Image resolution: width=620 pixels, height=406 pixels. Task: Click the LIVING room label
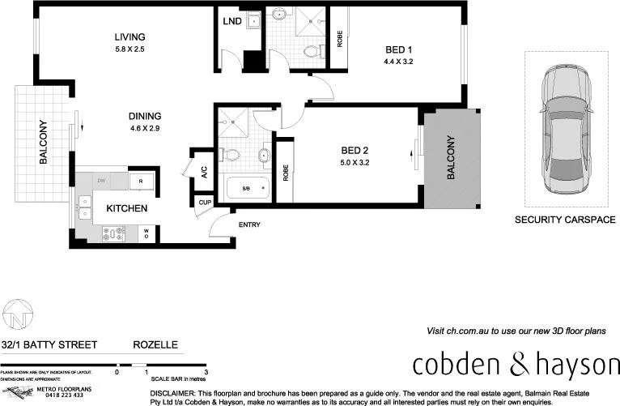(130, 37)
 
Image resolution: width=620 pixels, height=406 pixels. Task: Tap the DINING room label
(145, 116)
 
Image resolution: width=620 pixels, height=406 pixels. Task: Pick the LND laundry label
(233, 20)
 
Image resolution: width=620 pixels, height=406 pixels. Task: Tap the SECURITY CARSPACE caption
(565, 220)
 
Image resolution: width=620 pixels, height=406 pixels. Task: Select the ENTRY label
(248, 224)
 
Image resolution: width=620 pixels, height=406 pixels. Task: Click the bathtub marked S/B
(245, 189)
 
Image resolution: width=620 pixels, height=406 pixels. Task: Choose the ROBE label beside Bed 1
(339, 38)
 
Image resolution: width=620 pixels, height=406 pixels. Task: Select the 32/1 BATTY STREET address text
(49, 345)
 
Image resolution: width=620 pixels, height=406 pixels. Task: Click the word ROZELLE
(155, 345)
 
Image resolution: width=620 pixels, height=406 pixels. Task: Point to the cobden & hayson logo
(516, 365)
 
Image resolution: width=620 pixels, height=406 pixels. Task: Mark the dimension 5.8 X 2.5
(130, 50)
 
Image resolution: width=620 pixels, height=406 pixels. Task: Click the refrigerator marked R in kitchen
(141, 181)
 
